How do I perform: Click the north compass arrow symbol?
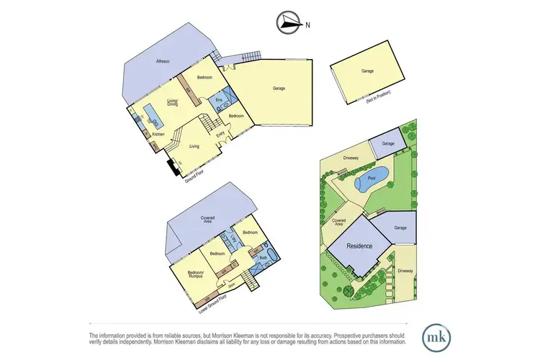click(x=289, y=24)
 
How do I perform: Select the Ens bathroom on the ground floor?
click(x=219, y=100)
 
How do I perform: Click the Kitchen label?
click(x=158, y=134)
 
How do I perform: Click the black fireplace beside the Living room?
click(x=172, y=168)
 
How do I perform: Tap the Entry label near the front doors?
click(x=221, y=133)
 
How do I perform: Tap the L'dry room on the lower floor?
click(x=233, y=238)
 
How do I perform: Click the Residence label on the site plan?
click(x=359, y=246)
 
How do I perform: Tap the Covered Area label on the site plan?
click(x=337, y=223)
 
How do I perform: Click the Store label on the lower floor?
click(x=232, y=285)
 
